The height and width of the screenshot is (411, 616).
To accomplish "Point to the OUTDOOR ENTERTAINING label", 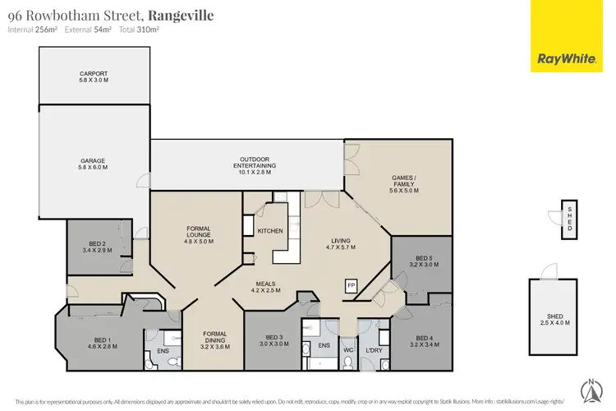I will (255, 162).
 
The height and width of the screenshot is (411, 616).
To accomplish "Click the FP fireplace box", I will (351, 285).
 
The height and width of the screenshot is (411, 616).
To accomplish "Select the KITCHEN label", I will (270, 231).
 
